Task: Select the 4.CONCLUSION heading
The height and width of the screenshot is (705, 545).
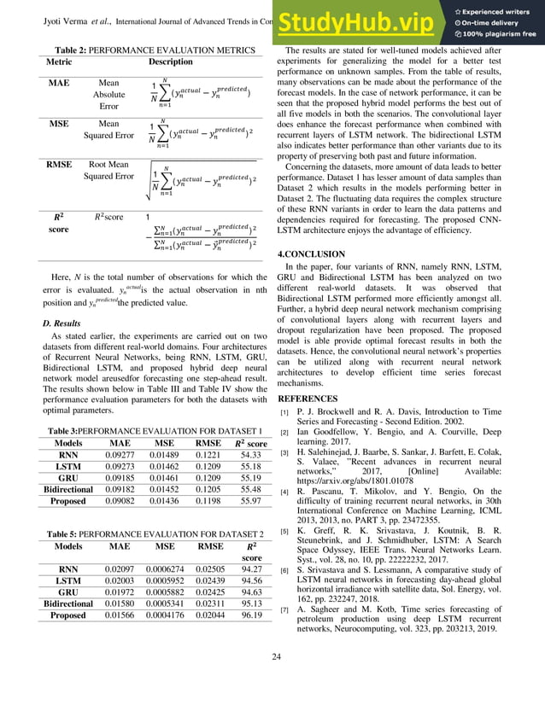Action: pyautogui.click(x=312, y=254)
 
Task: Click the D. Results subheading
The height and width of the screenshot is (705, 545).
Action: pyautogui.click(x=62, y=323)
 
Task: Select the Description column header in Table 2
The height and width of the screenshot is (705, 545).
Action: pyautogui.click(x=171, y=62)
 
